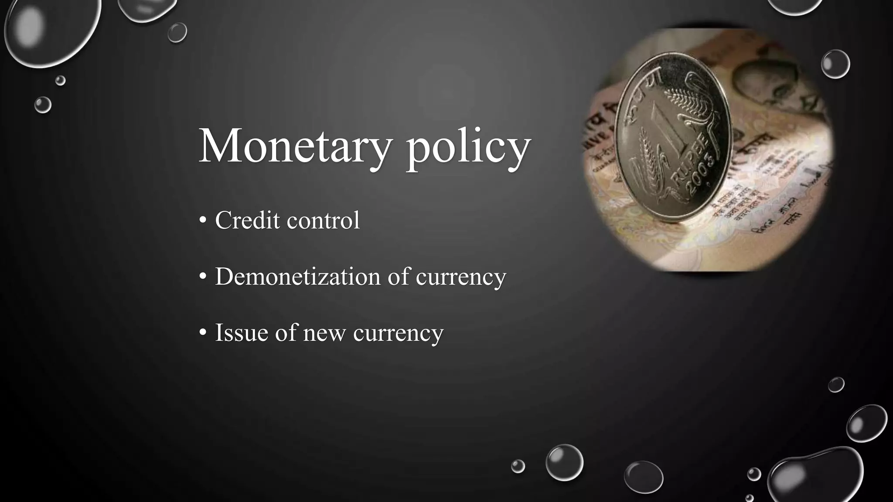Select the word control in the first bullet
(324, 220)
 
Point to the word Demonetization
(297, 276)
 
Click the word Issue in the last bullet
(241, 332)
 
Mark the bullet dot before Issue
(203, 333)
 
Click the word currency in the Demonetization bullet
(461, 277)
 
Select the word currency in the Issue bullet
(398, 333)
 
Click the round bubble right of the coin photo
(835, 64)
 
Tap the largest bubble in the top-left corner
(50, 31)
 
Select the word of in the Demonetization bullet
(399, 276)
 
